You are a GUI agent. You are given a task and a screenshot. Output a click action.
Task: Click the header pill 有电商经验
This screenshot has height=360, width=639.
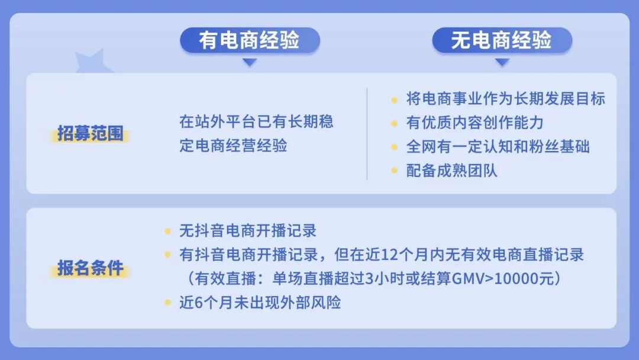coord(250,40)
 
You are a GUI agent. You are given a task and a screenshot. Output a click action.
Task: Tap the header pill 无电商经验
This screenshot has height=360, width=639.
coord(502,40)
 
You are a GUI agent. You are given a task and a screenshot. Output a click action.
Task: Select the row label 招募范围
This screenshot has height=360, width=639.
coord(91,134)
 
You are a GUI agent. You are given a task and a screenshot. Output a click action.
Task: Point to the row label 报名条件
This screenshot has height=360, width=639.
coord(91,268)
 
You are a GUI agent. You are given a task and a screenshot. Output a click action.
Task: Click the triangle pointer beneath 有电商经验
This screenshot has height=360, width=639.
coord(250,62)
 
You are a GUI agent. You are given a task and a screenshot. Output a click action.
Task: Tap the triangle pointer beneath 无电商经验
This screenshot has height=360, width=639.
coord(502,62)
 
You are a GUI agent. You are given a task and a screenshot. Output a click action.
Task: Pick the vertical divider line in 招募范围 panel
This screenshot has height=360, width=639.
coord(367,134)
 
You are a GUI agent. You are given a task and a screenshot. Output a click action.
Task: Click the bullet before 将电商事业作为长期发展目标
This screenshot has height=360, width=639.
coord(395,99)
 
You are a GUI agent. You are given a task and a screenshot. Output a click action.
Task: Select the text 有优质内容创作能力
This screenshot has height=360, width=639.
coord(475,123)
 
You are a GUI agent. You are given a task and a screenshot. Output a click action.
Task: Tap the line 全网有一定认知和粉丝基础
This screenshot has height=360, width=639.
coord(498,147)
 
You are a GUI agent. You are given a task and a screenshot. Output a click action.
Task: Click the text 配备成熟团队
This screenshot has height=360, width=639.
coord(452,171)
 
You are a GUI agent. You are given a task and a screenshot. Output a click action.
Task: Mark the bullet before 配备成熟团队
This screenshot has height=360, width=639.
coord(395,171)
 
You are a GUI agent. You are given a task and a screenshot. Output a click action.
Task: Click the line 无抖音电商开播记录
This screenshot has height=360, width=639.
coord(248,230)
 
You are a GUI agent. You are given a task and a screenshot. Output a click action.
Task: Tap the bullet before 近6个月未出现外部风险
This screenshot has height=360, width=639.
coord(168,303)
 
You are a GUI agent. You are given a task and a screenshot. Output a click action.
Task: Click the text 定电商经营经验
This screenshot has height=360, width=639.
coord(233,146)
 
